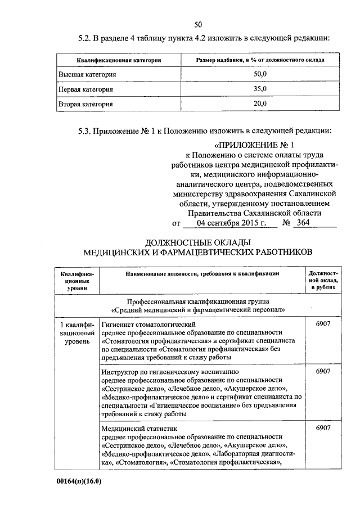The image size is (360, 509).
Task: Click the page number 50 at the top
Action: coord(198,24)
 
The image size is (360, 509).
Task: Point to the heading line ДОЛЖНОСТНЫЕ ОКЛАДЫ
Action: coord(197,242)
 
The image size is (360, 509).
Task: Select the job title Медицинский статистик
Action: coord(139,429)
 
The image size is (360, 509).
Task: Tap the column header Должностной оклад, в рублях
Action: coord(323,280)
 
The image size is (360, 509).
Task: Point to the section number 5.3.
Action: coord(85,131)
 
